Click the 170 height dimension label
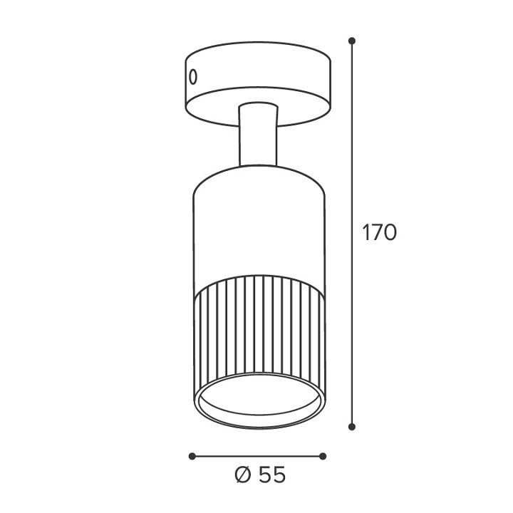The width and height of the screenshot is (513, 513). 380,232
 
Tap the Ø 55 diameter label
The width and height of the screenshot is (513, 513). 260,475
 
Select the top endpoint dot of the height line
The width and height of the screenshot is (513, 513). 352,41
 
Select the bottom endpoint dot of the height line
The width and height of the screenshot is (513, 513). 352,426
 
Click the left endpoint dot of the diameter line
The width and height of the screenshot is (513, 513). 192,456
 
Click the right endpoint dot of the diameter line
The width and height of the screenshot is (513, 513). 323,456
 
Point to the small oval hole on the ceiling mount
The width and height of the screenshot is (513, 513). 193,77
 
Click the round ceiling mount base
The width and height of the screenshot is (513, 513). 258,84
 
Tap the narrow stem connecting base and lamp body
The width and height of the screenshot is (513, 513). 259,135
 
